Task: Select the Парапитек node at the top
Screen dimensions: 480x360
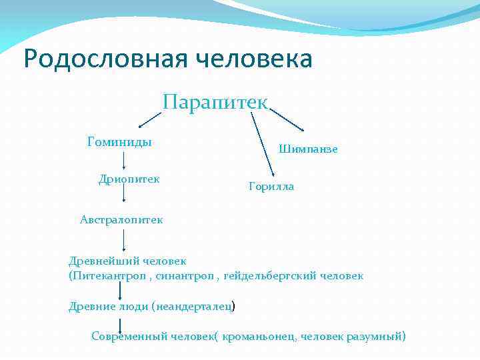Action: point(215,102)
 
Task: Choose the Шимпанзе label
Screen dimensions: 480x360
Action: point(308,149)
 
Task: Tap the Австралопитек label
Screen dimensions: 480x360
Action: point(121,219)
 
